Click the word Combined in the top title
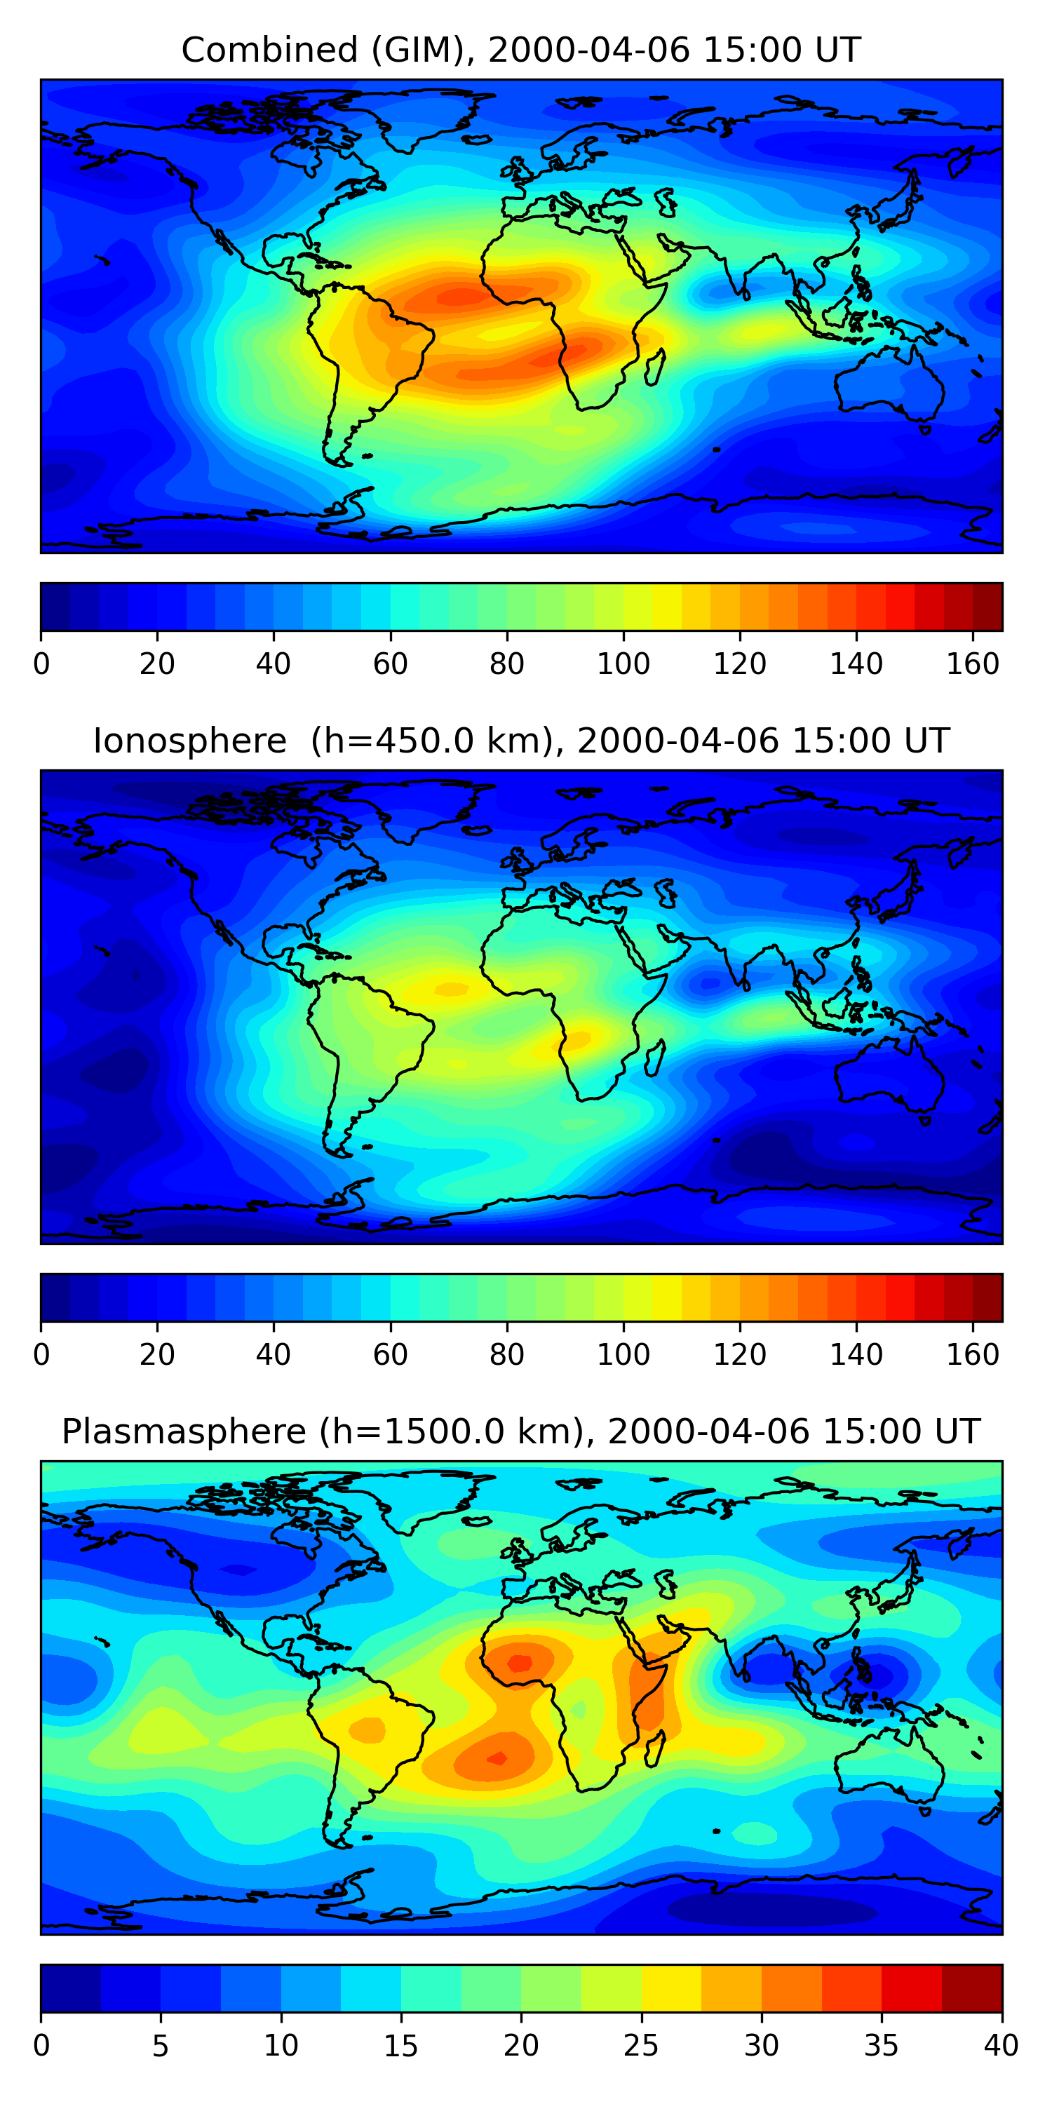[269, 50]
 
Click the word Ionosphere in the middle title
[189, 741]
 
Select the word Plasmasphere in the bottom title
[184, 1433]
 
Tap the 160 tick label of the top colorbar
[973, 664]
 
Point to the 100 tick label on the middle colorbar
[623, 1355]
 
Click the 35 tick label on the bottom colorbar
[882, 2046]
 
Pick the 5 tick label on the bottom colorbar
[160, 2046]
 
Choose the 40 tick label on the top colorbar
[273, 664]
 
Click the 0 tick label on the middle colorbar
[41, 1355]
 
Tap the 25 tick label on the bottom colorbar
[641, 2046]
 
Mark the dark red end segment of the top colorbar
[987, 607]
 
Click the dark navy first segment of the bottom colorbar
[70, 1989]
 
